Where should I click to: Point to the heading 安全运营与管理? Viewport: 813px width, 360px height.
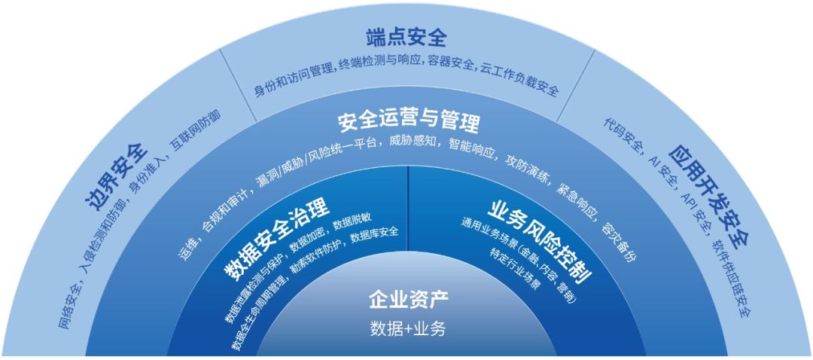[408, 121]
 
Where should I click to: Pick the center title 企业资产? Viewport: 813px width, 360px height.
[408, 300]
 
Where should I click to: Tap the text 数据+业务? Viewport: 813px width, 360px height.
[408, 329]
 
